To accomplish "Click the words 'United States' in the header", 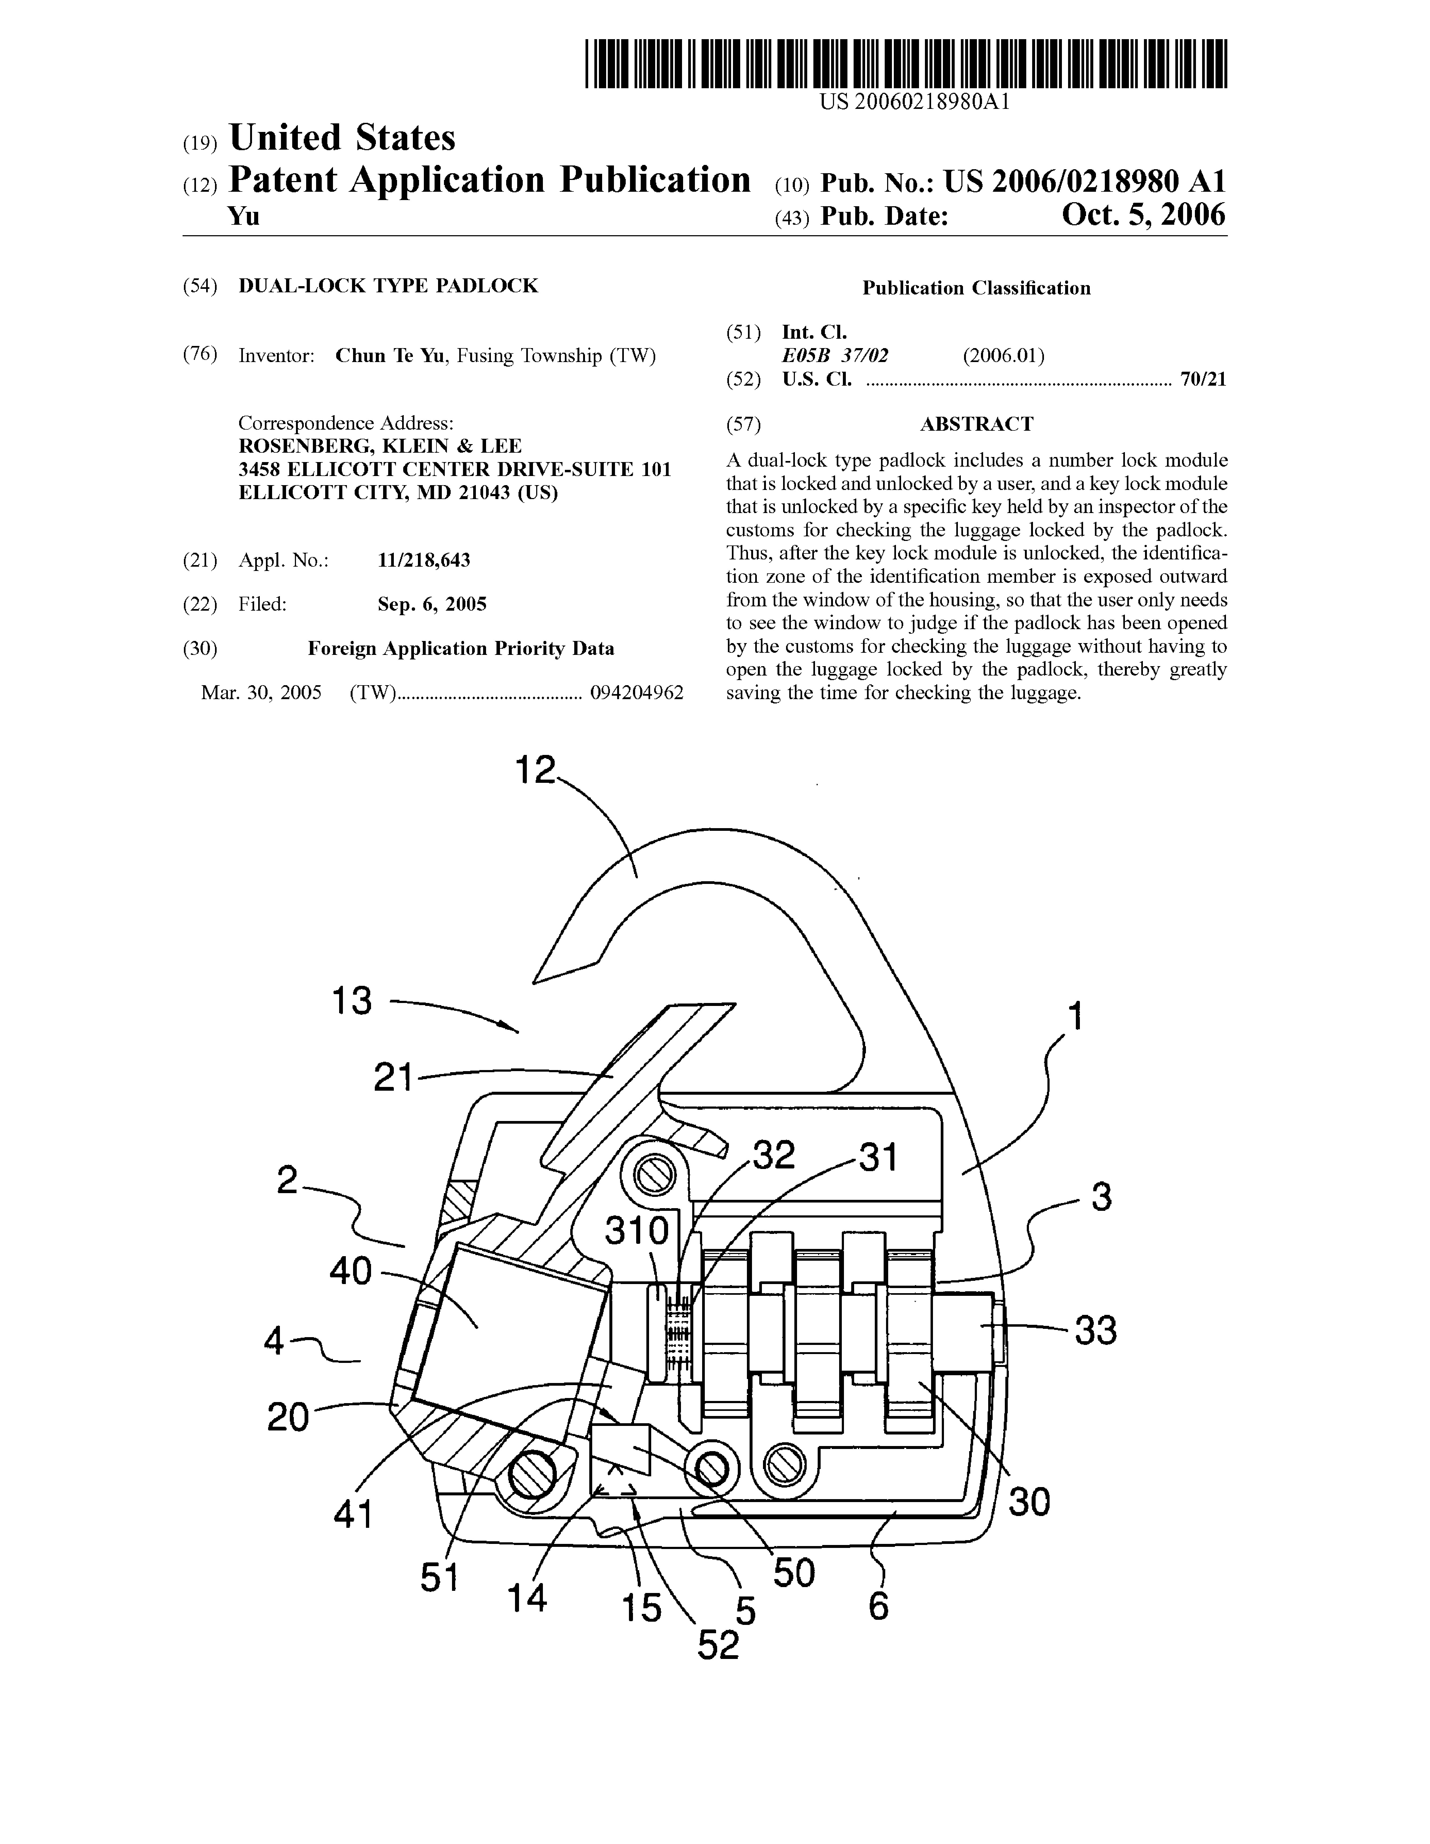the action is pyautogui.click(x=342, y=138).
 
